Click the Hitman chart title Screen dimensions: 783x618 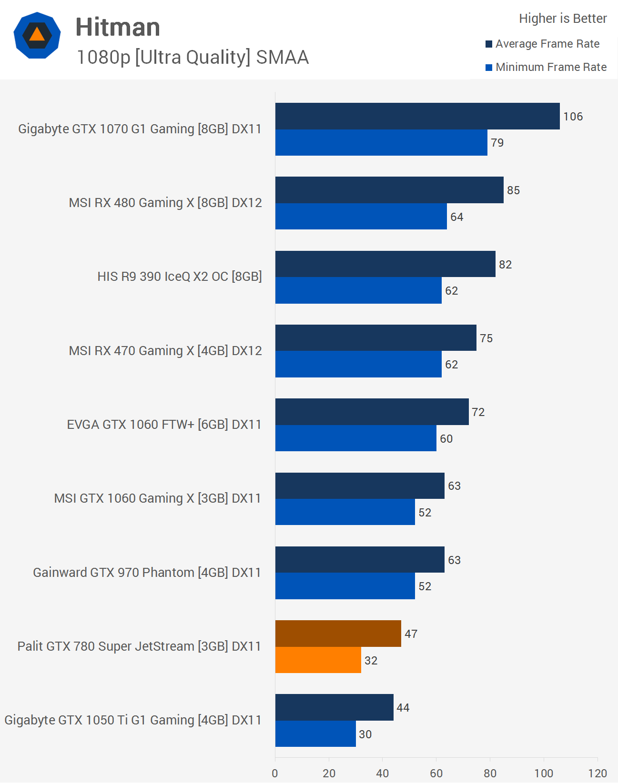(118, 27)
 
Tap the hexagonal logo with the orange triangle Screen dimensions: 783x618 (37, 36)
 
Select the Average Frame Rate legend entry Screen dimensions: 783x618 (543, 44)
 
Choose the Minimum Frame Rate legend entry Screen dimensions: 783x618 (546, 67)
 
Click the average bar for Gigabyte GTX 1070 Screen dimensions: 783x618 (417, 116)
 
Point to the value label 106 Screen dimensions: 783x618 (573, 117)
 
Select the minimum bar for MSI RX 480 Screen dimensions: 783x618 (361, 217)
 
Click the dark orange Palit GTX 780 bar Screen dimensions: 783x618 (338, 634)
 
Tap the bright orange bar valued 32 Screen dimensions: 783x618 (318, 660)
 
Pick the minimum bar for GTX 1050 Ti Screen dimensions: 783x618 (315, 734)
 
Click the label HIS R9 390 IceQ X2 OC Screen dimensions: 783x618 (180, 277)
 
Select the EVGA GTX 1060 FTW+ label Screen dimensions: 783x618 (164, 425)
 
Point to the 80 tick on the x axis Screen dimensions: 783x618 (490, 773)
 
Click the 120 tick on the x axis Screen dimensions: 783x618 (597, 773)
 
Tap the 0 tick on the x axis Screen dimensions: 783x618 (275, 773)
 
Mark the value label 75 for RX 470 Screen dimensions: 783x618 (486, 338)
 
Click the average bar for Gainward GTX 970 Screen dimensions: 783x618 (360, 560)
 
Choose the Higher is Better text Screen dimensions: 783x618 (563, 19)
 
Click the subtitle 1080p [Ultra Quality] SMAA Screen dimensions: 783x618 (192, 57)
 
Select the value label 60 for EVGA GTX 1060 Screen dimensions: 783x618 (446, 439)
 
